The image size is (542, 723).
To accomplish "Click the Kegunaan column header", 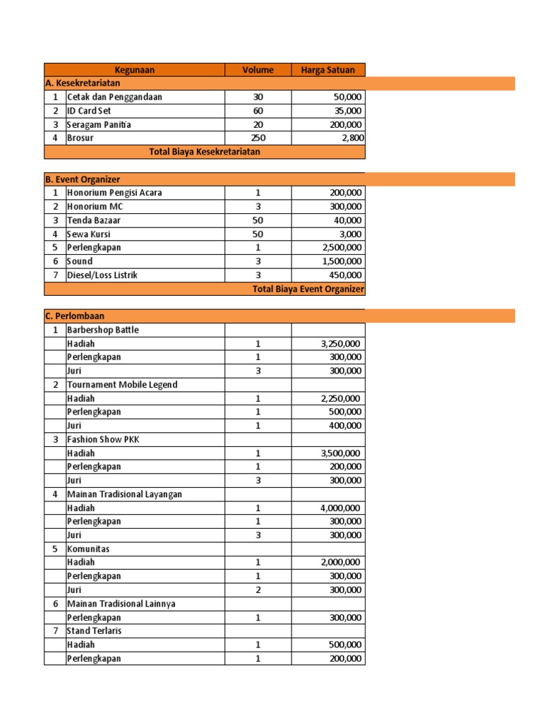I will coord(134,69).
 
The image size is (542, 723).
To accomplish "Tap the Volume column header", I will coord(258,69).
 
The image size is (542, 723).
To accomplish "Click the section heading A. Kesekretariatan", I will coord(82,83).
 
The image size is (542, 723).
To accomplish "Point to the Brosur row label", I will coord(80,138).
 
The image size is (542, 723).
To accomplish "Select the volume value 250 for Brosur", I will coord(258,138).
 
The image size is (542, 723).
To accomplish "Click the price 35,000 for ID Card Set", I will coord(347,111).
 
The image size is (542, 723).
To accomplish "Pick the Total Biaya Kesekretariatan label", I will coord(205,152).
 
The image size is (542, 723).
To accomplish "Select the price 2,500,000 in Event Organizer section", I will coord(342,247).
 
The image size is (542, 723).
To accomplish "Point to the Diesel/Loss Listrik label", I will coord(102,275).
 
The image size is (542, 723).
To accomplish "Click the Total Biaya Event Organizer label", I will coord(308,289).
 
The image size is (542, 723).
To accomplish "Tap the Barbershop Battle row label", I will coord(102,330).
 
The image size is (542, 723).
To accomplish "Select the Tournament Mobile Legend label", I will coord(121,385).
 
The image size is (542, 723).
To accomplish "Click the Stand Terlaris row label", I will coord(94,631).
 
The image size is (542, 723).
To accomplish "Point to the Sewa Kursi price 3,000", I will coord(350,234).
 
